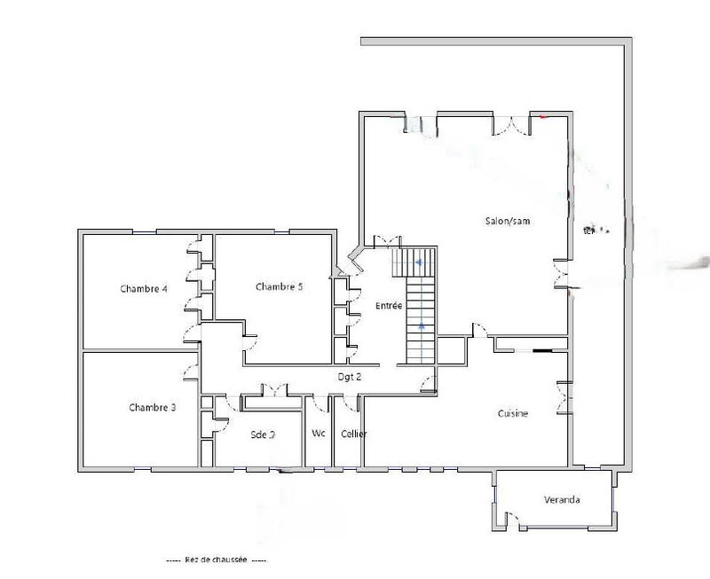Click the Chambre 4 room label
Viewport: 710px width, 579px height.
click(144, 289)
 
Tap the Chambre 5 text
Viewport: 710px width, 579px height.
click(280, 286)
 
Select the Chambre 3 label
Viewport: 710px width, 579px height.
click(152, 408)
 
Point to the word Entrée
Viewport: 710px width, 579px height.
click(390, 306)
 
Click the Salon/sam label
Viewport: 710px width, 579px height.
click(507, 222)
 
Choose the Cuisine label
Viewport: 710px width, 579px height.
click(513, 413)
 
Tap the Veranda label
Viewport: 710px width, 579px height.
click(562, 500)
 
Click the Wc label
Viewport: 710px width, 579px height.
click(318, 434)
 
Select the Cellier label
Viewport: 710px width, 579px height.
click(353, 434)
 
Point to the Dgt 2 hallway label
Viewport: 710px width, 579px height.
click(349, 377)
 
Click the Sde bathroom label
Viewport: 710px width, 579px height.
click(263, 434)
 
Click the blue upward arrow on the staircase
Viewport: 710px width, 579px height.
click(421, 327)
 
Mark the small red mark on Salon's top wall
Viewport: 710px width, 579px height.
click(543, 116)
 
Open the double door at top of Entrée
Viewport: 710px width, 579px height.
click(387, 242)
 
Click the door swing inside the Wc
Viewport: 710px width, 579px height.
click(317, 405)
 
